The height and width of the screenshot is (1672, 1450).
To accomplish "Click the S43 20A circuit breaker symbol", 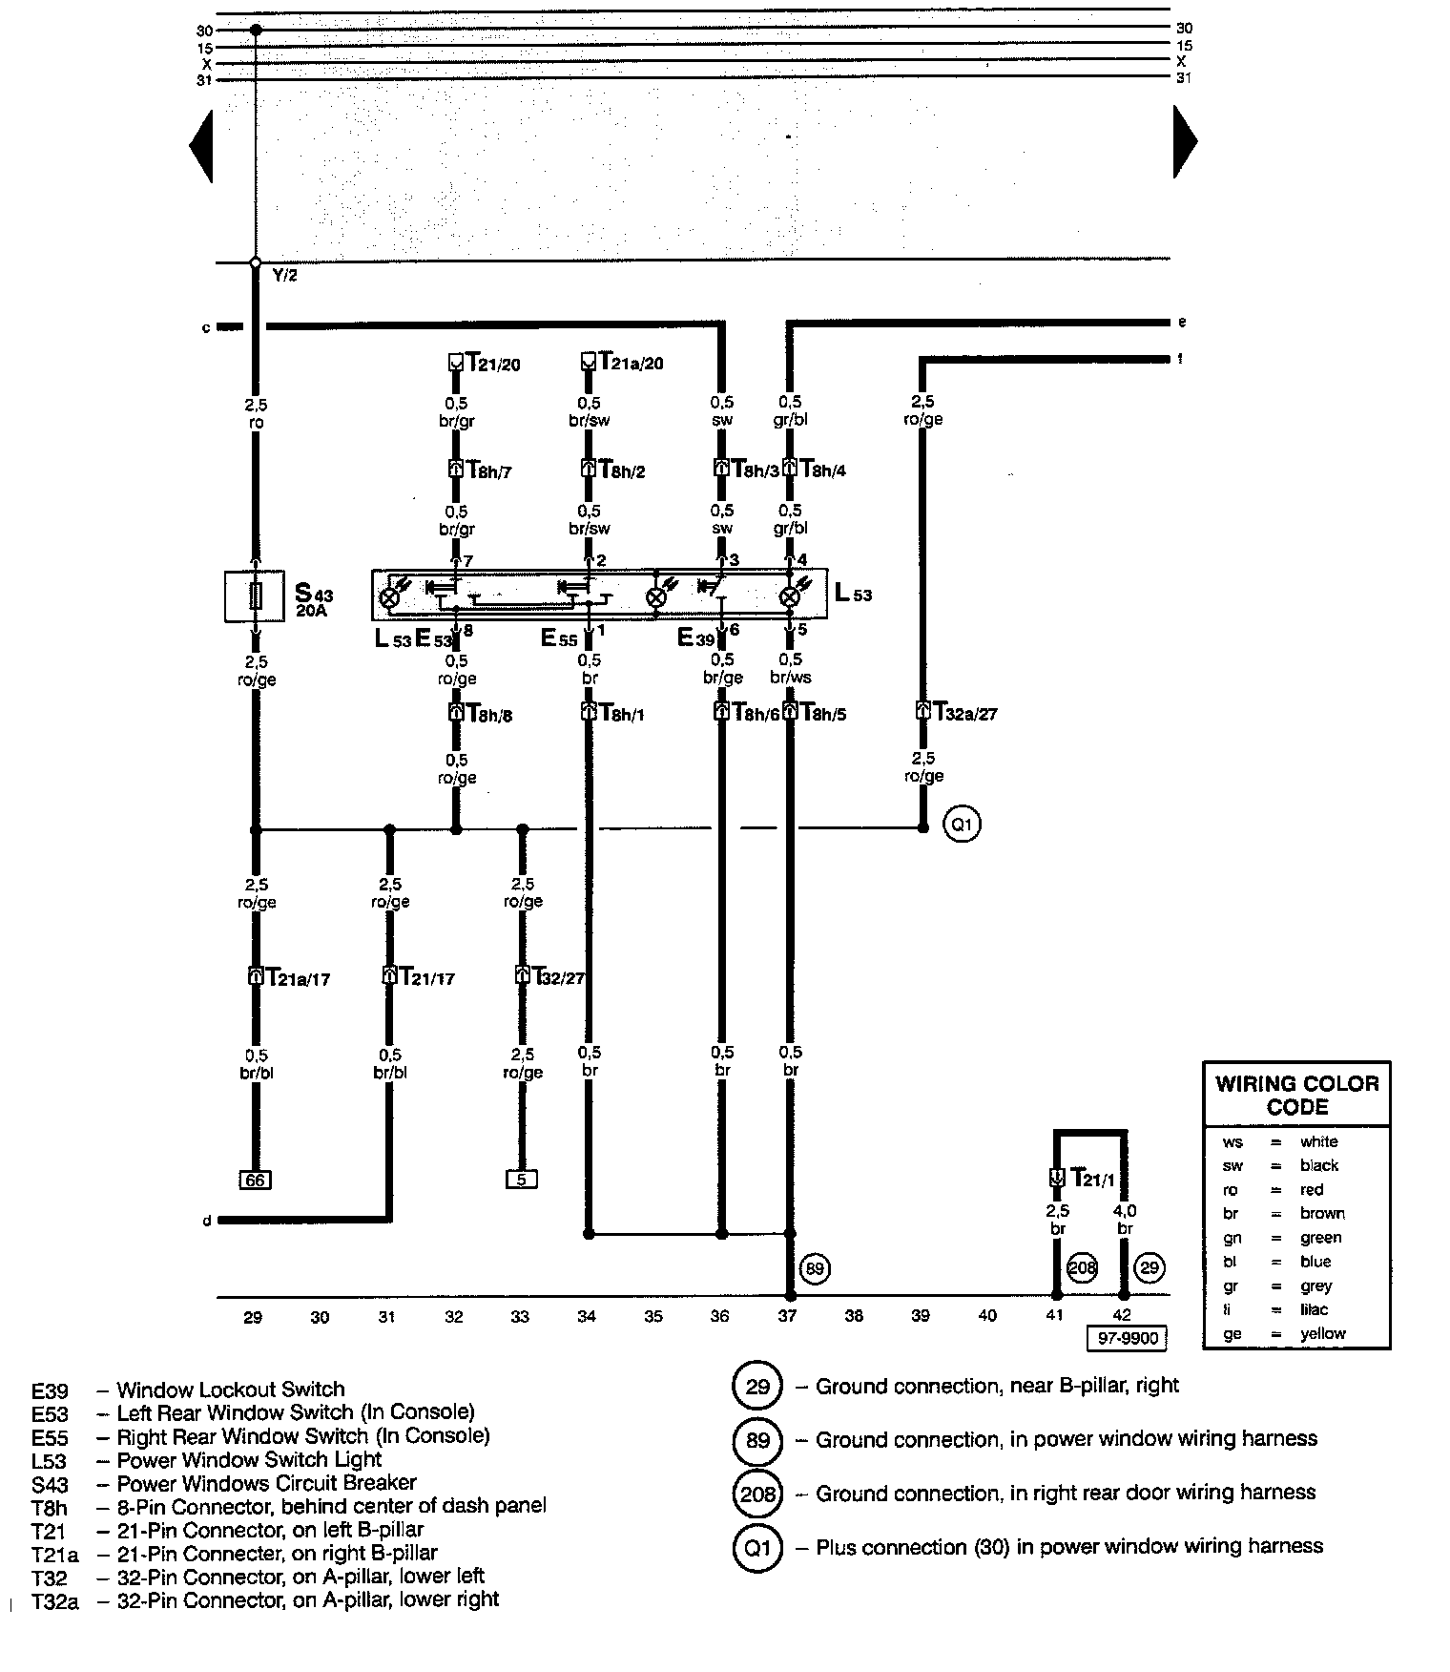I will [254, 596].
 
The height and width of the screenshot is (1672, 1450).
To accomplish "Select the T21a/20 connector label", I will [631, 364].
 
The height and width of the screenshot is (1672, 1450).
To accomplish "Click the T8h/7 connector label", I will [489, 470].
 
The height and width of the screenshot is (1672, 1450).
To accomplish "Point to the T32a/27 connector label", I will [965, 713].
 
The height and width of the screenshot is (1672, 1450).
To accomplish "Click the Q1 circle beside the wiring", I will [962, 823].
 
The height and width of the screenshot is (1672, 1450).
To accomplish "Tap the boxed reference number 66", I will [255, 1181].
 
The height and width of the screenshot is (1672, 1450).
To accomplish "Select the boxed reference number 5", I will [521, 1180].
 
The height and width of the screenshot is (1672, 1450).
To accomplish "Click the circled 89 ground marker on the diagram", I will [815, 1269].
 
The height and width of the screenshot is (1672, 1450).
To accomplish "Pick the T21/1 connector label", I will [1091, 1179].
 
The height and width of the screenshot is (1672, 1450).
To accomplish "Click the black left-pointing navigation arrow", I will [201, 145].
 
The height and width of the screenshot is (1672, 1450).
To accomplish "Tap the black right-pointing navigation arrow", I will [1185, 141].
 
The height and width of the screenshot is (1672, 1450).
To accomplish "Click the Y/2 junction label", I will [284, 276].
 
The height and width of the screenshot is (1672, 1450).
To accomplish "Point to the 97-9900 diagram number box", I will [1128, 1338].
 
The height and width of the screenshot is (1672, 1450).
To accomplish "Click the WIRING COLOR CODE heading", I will [1296, 1096].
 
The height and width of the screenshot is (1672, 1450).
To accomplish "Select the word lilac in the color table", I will [1314, 1309].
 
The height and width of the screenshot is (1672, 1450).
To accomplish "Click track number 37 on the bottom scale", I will [787, 1317].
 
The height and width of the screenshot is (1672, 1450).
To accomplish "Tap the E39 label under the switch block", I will [695, 637].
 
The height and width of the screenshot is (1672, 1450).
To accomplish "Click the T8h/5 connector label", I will [822, 713].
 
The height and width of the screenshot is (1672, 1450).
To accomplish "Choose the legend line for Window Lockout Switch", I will [229, 1390].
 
